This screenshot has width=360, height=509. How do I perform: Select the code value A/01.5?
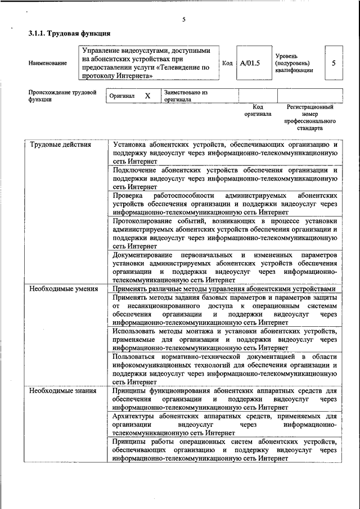click(250, 63)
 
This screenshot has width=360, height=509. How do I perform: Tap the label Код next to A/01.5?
click(227, 63)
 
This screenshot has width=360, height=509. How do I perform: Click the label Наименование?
click(48, 63)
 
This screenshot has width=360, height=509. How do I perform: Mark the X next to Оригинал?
click(147, 96)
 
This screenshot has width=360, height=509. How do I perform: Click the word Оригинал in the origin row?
click(122, 96)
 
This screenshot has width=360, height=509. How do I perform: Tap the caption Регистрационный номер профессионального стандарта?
click(310, 117)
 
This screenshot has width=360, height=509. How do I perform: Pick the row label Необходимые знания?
click(62, 390)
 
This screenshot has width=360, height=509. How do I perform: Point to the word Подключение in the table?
click(134, 169)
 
